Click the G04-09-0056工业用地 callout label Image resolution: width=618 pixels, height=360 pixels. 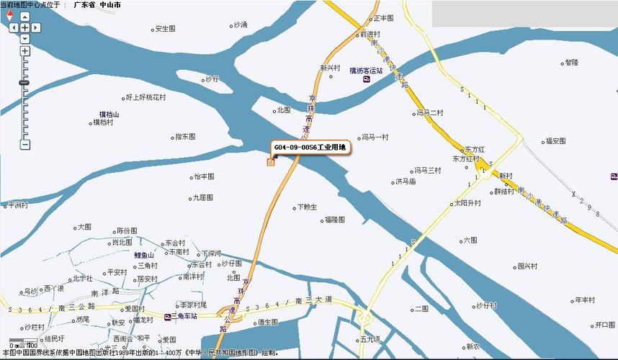(x=310, y=148)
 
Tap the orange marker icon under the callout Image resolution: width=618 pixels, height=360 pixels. (x=271, y=161)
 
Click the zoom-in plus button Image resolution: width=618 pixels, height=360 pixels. (x=25, y=51)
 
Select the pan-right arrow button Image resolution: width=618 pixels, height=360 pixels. (x=35, y=27)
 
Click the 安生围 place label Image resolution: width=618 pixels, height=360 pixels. (x=165, y=30)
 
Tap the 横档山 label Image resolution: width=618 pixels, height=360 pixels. (x=109, y=114)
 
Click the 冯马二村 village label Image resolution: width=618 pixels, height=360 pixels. (x=431, y=113)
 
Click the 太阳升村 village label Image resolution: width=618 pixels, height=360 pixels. (x=468, y=204)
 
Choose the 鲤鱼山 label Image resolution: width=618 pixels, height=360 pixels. (x=145, y=254)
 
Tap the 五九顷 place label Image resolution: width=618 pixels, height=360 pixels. (x=370, y=338)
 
